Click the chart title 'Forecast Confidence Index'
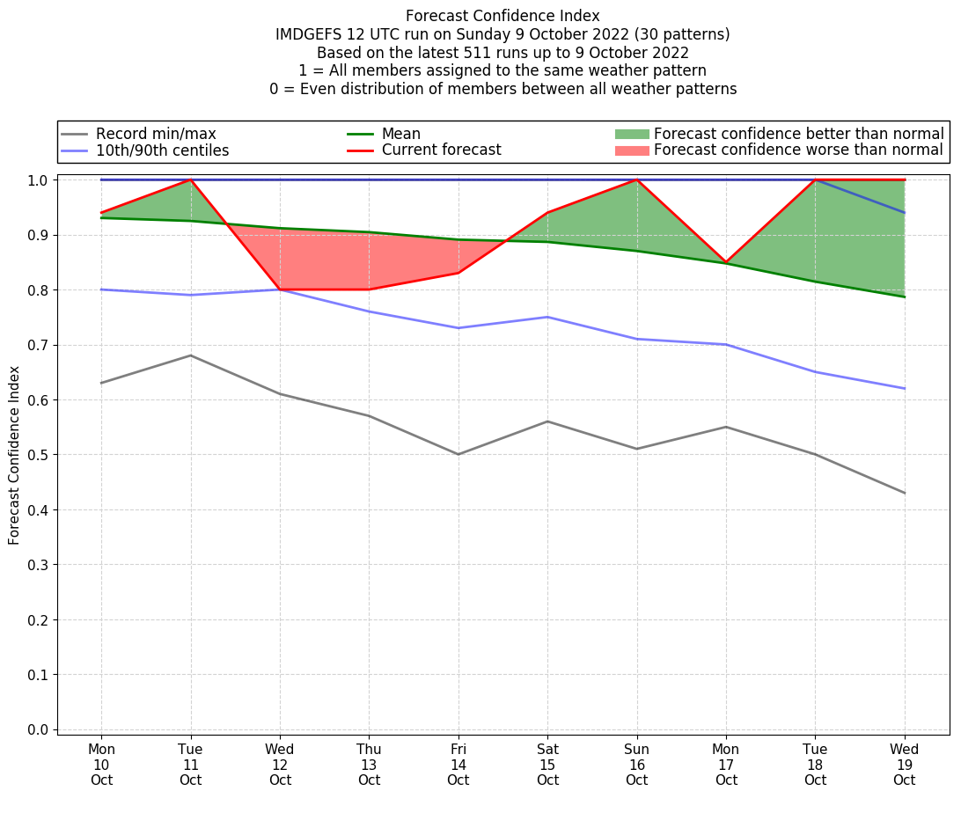[x=503, y=16]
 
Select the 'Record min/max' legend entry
[x=156, y=134]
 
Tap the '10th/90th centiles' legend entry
[x=162, y=150]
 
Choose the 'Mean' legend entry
[x=401, y=134]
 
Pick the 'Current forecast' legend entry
[x=441, y=150]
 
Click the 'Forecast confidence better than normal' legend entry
[x=798, y=134]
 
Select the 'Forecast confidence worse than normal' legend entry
[x=798, y=150]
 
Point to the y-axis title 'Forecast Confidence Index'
[x=14, y=455]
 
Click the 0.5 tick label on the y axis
[x=39, y=455]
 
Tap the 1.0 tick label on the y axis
[x=39, y=180]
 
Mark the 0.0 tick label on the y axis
[x=39, y=729]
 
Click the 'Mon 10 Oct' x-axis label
[x=101, y=765]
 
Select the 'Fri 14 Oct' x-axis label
[x=458, y=765]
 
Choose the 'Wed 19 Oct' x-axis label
[x=904, y=765]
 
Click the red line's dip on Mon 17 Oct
[x=726, y=262]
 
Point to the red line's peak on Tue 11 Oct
[x=191, y=179]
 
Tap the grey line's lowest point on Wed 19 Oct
[x=904, y=493]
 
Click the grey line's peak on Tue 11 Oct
[x=191, y=355]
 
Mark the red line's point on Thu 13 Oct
[x=369, y=289]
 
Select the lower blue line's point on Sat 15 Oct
[x=547, y=317]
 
